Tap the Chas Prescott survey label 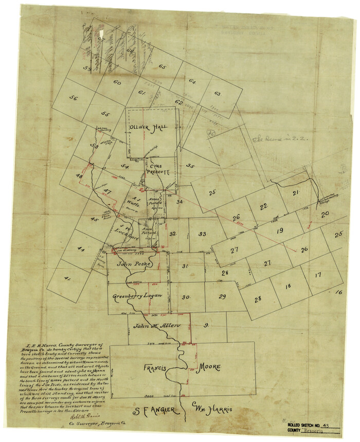pyautogui.click(x=157, y=170)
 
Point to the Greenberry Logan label pyautogui.click(x=137, y=296)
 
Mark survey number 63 pyautogui.click(x=217, y=94)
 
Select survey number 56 pyautogui.click(x=74, y=98)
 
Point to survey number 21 pyautogui.click(x=296, y=193)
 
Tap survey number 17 pyautogui.click(x=318, y=275)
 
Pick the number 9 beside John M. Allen pyautogui.click(x=206, y=325)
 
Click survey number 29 pyautogui.click(x=222, y=296)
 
